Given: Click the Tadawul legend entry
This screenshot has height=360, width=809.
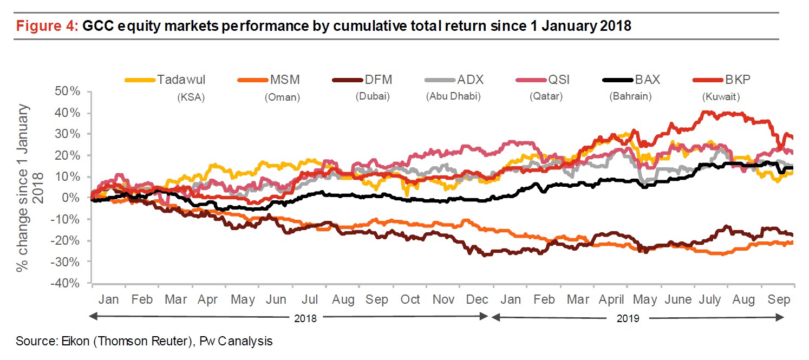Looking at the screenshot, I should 181,80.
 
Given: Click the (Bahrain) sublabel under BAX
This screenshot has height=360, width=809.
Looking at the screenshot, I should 630,97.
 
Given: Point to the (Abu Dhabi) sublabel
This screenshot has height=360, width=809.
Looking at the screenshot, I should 453,97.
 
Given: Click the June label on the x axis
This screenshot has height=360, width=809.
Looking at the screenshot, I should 677,300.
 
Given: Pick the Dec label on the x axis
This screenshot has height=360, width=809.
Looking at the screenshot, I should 477,300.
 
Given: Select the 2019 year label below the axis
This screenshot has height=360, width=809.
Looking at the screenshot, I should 628,318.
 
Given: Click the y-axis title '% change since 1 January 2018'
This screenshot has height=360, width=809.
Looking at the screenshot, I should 30,187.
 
